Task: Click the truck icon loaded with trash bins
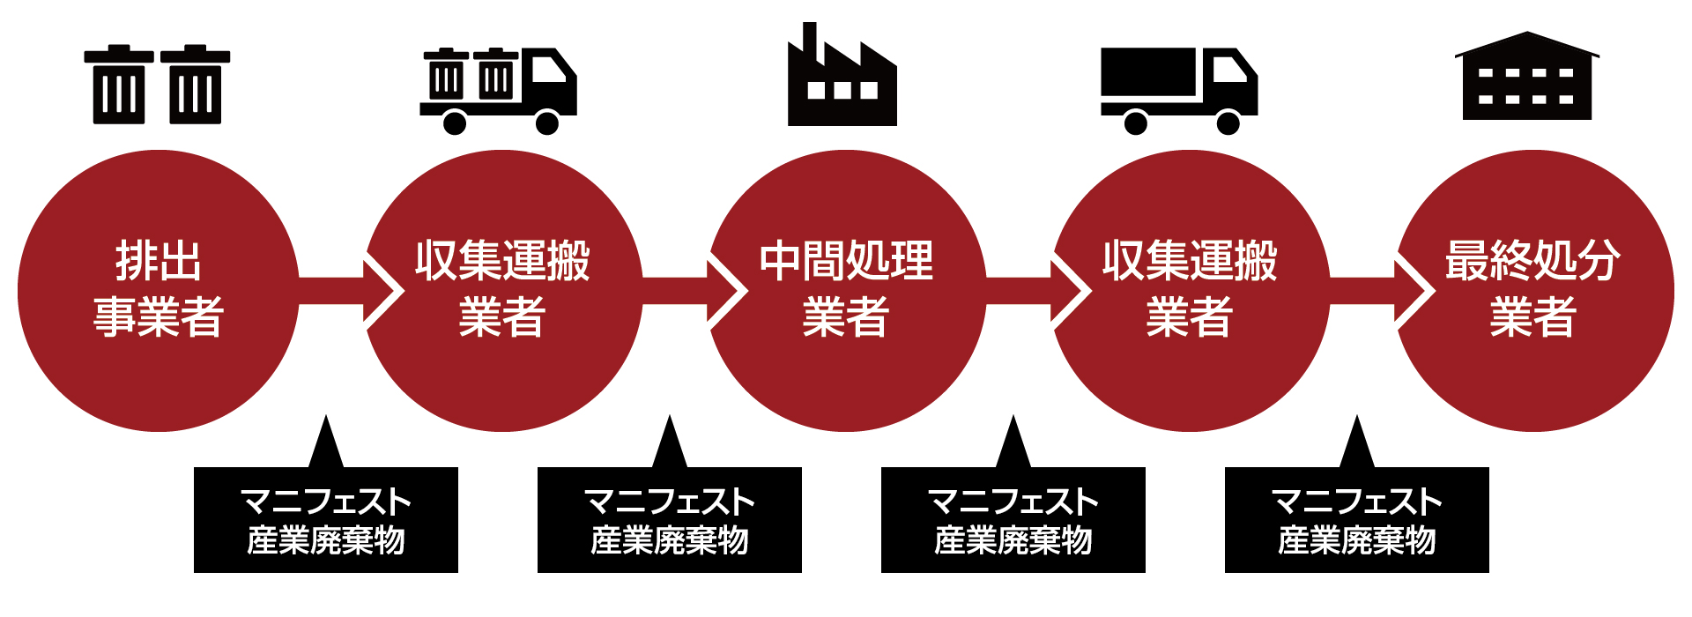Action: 498,88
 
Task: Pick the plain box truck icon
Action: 1178,88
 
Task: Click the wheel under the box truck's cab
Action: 1228,122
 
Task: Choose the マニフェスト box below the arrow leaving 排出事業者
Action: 326,520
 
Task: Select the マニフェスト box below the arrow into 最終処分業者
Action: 1357,520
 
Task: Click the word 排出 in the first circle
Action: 159,261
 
